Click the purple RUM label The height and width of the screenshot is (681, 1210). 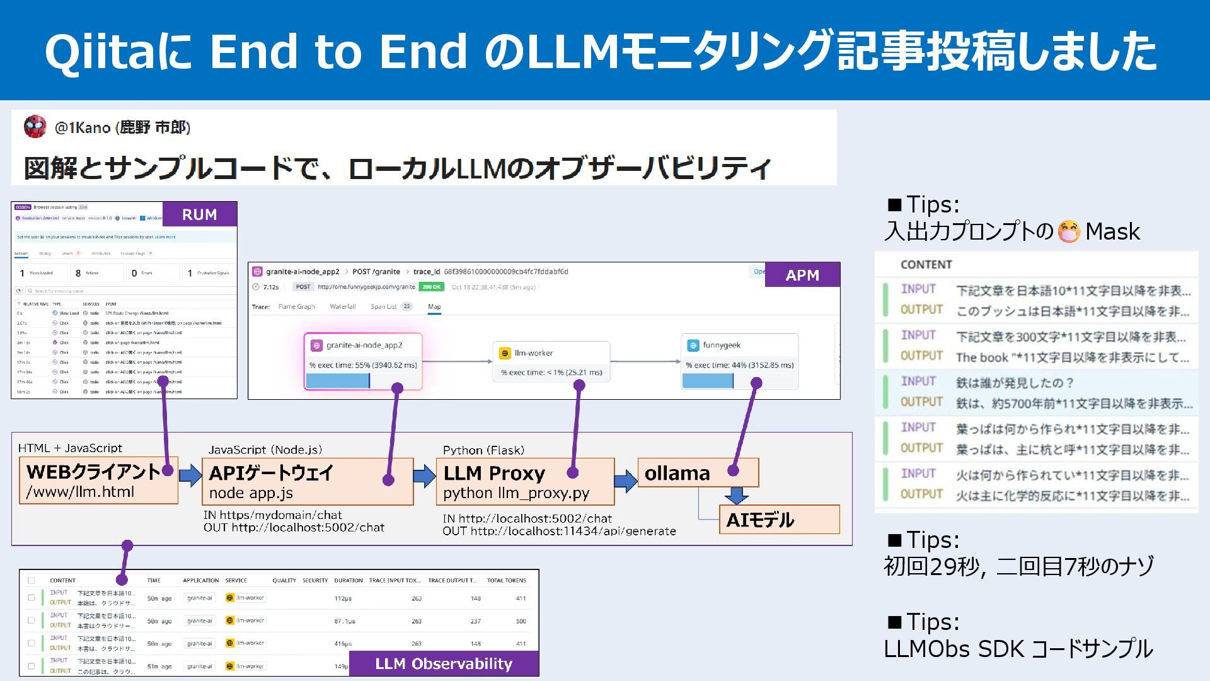(199, 214)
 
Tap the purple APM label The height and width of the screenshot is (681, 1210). (802, 275)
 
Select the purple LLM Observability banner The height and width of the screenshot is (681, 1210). (444, 663)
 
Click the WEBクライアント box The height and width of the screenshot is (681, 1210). (99, 480)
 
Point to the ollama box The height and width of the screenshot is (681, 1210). (698, 473)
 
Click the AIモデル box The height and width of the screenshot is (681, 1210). (779, 520)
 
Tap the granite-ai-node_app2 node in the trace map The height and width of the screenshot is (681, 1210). (363, 361)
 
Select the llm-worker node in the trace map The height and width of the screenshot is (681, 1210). (551, 361)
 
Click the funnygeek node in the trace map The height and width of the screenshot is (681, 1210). (739, 361)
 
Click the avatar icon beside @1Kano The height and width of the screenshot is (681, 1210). (35, 127)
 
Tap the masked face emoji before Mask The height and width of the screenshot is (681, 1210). (1069, 231)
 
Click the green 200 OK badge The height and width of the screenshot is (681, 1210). (432, 287)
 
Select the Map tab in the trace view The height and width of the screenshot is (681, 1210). (434, 307)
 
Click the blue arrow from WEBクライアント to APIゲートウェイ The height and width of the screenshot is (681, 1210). (190, 475)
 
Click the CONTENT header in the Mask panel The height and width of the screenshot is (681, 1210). (926, 265)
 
